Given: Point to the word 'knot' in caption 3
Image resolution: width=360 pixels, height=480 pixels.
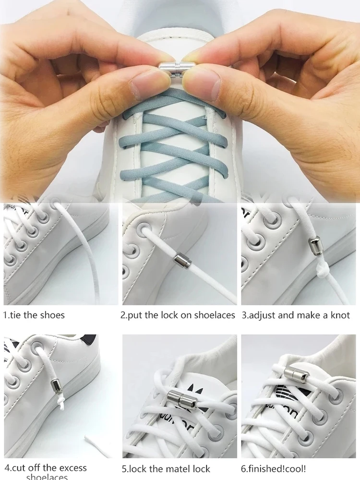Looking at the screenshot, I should (x=339, y=315).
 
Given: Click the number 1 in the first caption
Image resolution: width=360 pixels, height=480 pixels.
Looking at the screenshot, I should (x=5, y=315).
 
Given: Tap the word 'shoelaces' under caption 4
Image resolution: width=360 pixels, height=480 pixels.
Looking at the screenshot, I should (x=47, y=477).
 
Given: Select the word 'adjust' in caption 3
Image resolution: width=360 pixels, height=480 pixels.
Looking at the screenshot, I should (x=262, y=315).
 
